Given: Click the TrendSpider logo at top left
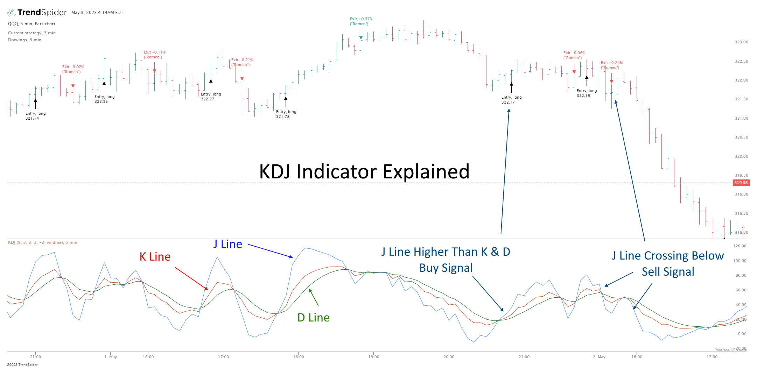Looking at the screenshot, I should pos(37,13).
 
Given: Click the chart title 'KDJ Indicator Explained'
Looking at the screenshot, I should pos(364,171).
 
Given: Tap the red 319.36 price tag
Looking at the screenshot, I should pos(741,183).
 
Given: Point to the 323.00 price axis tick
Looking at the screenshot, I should pos(741,42).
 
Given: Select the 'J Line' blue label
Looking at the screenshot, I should pos(227,244).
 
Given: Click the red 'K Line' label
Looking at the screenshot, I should pos(155,257).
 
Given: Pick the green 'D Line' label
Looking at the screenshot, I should pos(313,318).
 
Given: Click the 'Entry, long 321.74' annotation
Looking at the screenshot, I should pos(35,116).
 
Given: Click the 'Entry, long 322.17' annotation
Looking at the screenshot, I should pos(511,100).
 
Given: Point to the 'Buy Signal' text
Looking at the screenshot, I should pos(446,268).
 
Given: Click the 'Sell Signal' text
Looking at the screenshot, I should pos(667,272).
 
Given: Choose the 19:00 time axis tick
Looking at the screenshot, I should pos(373,357).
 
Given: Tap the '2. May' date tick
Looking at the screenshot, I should pos(599,357).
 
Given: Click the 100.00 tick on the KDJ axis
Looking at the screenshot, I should pos(740,261).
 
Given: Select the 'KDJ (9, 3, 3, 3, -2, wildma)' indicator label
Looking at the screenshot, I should pos(42,242).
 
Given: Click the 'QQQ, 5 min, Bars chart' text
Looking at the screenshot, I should pos(31,24).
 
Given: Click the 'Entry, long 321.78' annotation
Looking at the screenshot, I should pos(286,114).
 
